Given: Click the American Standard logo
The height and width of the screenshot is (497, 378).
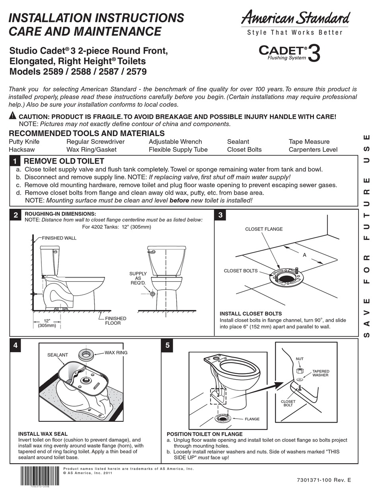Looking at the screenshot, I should click(x=295, y=18).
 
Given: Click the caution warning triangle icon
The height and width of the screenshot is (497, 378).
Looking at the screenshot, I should click(x=13, y=116).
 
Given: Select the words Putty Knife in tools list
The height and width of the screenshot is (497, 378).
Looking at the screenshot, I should click(x=24, y=142).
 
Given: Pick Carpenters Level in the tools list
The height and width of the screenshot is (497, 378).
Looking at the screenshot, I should click(x=313, y=150).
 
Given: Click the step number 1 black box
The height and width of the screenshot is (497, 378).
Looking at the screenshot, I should click(x=15, y=162).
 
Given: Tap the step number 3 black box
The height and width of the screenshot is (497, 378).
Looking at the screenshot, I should click(x=220, y=215).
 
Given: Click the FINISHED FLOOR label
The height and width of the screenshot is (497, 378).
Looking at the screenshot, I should click(x=115, y=321).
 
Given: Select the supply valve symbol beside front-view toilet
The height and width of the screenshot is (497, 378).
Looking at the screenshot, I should click(x=152, y=294).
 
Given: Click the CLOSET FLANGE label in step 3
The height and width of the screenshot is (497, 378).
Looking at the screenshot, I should click(x=264, y=229).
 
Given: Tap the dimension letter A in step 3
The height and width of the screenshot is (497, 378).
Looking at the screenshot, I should click(x=304, y=255).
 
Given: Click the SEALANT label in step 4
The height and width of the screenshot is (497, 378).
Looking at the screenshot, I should click(x=58, y=355).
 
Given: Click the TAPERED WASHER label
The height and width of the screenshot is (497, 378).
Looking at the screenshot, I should click(x=320, y=373).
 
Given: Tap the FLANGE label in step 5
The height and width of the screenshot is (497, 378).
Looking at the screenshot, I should click(x=252, y=419).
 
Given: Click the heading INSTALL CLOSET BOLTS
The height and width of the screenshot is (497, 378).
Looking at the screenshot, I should click(x=251, y=314).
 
